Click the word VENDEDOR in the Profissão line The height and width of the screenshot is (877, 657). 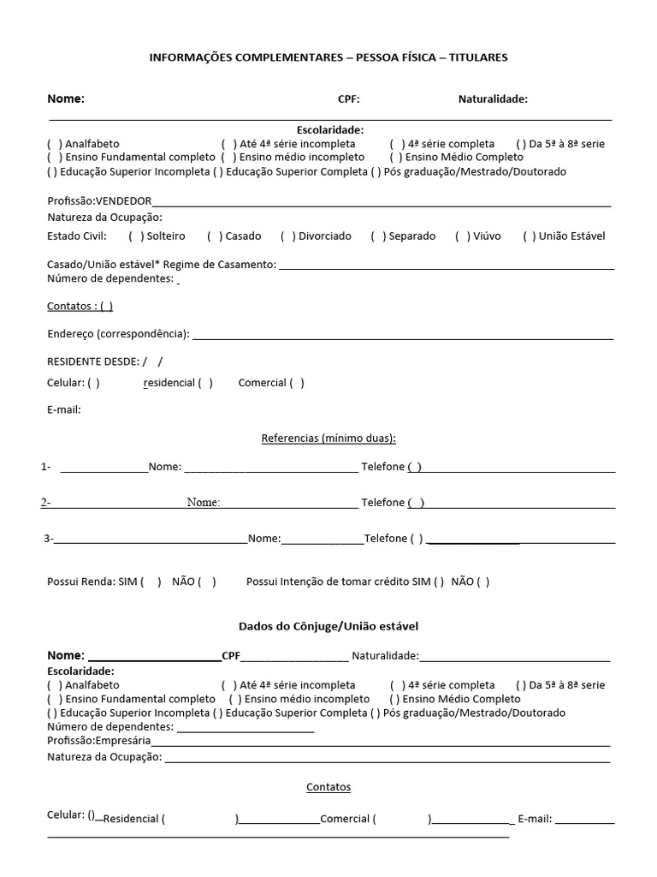123,201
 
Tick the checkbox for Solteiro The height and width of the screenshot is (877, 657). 135,236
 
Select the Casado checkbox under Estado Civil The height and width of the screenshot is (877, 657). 214,236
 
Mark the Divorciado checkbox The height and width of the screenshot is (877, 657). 287,236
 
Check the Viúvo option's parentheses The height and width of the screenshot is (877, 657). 462,236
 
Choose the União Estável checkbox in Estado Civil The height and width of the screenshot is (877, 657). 530,236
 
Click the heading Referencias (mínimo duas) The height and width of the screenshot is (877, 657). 328,438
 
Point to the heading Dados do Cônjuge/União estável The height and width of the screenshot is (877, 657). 328,627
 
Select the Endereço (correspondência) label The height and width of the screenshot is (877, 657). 118,334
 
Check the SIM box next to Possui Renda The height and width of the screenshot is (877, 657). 151,582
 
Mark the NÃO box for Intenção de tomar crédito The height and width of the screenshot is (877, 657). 483,582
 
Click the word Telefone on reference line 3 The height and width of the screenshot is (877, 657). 386,539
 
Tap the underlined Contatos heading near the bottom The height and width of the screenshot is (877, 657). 328,787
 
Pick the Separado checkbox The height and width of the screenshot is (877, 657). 377,236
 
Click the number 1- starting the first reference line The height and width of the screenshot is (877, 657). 45,467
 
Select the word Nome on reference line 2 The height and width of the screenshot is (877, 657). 204,503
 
